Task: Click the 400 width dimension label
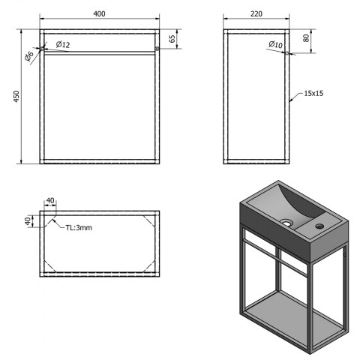click(99, 13)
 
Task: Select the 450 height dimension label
click(16, 96)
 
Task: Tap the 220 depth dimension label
click(256, 13)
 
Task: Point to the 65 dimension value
click(172, 39)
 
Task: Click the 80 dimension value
click(306, 38)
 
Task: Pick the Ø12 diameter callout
click(63, 44)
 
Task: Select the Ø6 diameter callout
click(29, 56)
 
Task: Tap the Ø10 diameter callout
click(276, 44)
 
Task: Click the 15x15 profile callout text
click(313, 93)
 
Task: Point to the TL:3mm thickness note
click(79, 228)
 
